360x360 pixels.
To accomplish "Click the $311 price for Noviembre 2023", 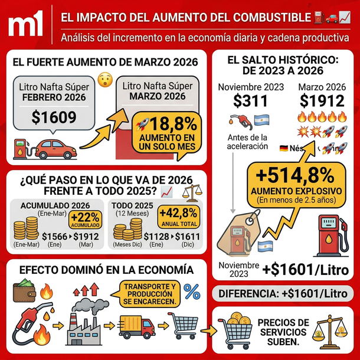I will coord(251,102).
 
